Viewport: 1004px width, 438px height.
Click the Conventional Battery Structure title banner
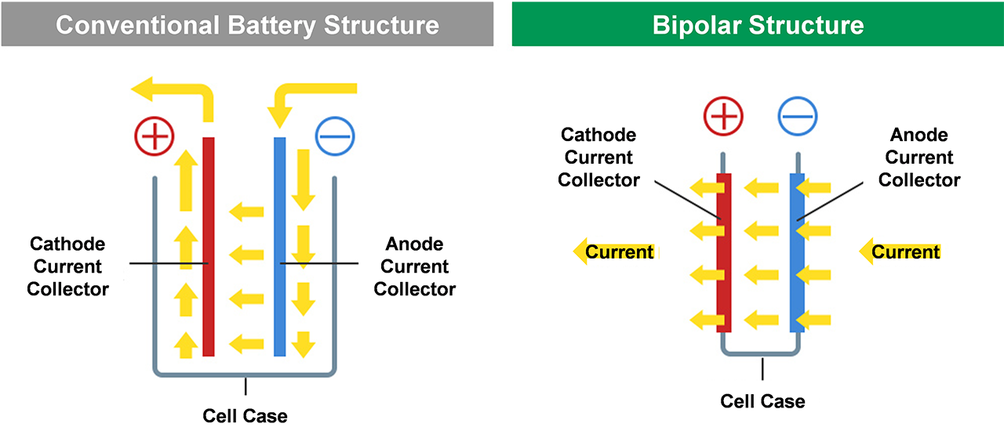[247, 24]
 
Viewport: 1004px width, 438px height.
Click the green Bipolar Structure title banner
[758, 24]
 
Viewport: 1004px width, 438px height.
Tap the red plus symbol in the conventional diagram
[155, 136]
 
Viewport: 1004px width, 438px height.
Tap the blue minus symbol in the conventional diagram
[335, 136]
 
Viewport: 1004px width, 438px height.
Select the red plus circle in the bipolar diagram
[723, 116]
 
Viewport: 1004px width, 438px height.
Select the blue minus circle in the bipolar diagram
[798, 116]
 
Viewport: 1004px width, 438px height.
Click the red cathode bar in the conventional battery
[209, 247]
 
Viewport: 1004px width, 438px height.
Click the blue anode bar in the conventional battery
[280, 247]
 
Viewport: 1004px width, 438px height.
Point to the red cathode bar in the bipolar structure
[724, 252]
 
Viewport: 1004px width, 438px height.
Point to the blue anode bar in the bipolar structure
[798, 252]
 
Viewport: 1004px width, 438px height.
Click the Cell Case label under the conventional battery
[245, 416]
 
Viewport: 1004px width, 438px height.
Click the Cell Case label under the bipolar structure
[762, 401]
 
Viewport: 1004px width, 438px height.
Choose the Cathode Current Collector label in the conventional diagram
[67, 266]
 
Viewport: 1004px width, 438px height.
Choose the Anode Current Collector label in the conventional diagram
[415, 266]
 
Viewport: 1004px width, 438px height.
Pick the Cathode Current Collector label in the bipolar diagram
[598, 157]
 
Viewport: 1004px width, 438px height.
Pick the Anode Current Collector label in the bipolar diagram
[919, 157]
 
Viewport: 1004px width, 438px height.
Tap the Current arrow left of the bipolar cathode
[616, 252]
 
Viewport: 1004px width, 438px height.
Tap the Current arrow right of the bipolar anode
[900, 252]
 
